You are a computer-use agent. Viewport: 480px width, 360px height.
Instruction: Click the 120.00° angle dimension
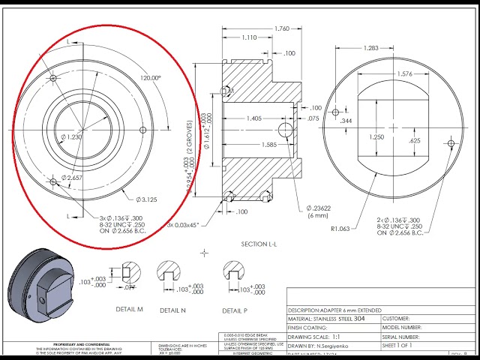click(150, 78)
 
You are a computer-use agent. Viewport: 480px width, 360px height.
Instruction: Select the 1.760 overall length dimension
click(281, 28)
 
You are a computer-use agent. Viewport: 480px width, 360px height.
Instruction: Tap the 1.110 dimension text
click(249, 37)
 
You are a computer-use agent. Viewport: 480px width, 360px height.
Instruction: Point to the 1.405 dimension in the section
click(253, 118)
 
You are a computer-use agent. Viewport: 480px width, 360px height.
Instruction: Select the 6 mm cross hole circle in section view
click(285, 130)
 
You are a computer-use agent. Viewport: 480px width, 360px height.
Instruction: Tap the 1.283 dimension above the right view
click(370, 48)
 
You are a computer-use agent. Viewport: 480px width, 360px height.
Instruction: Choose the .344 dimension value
click(346, 121)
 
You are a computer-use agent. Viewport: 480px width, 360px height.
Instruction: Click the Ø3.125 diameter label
click(145, 199)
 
